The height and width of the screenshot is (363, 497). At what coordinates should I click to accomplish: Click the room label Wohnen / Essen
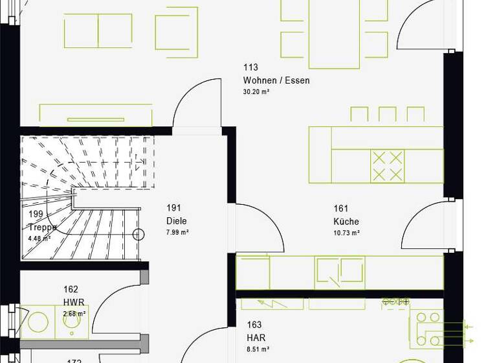click(x=276, y=80)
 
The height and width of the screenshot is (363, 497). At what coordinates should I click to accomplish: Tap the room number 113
click(x=250, y=67)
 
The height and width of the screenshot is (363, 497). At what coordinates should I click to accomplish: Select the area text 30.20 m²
click(x=256, y=92)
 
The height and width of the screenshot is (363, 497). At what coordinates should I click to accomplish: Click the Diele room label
click(x=176, y=221)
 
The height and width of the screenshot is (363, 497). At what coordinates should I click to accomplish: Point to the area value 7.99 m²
click(x=177, y=232)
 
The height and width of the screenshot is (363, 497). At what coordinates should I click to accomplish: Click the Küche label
click(x=346, y=221)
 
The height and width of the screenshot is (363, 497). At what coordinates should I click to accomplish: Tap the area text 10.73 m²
click(x=346, y=233)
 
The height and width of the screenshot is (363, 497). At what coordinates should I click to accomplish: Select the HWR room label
click(x=74, y=302)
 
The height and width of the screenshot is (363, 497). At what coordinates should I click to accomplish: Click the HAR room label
click(x=256, y=338)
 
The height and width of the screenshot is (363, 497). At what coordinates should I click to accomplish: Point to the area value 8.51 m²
click(x=258, y=349)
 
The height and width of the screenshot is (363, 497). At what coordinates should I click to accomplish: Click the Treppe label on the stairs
click(x=43, y=228)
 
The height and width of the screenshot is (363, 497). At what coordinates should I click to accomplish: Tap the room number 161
click(x=341, y=208)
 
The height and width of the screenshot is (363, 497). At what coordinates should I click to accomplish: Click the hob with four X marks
click(x=388, y=166)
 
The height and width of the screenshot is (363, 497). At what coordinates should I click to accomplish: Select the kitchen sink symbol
click(x=340, y=271)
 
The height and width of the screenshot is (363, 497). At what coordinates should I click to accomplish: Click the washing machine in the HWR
click(x=38, y=323)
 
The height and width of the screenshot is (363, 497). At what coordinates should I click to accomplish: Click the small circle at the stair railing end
click(x=138, y=235)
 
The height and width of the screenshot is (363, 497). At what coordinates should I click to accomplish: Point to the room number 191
click(x=173, y=208)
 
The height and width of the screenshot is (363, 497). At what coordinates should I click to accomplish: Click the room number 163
click(x=254, y=325)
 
